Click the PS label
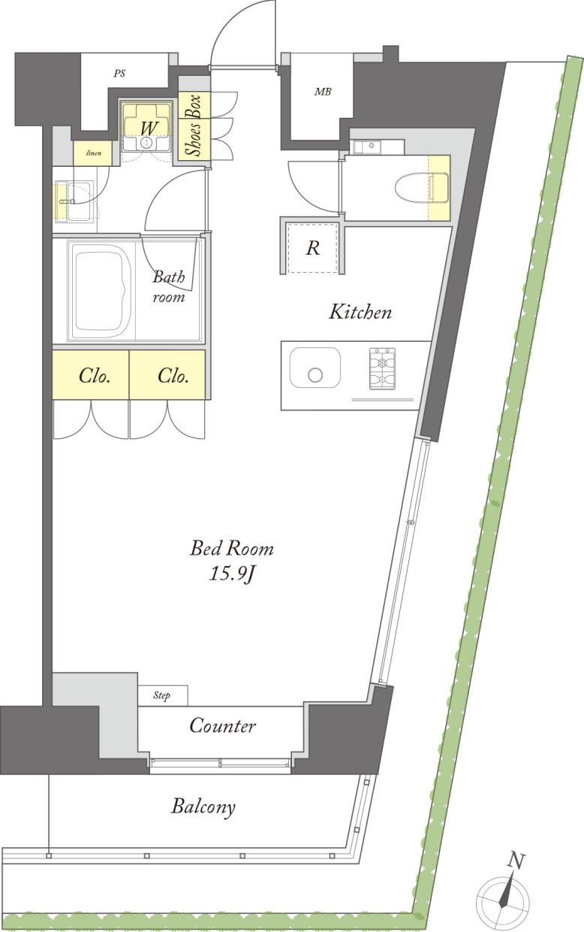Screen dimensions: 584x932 (119, 74)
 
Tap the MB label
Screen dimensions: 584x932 (323, 92)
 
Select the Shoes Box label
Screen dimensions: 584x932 (194, 126)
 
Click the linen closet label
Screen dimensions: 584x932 (94, 153)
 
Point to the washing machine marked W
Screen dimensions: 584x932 (146, 127)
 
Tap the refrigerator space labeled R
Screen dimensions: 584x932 (312, 248)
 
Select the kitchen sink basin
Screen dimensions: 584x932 (315, 368)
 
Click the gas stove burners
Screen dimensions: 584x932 (382, 368)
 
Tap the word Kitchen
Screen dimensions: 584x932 (360, 312)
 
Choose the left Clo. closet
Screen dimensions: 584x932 (91, 375)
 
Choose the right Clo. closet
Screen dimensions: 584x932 (167, 375)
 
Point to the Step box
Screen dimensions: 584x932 (163, 695)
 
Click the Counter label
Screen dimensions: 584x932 (222, 727)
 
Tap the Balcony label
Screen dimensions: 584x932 (203, 807)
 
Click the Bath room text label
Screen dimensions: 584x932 (169, 286)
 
